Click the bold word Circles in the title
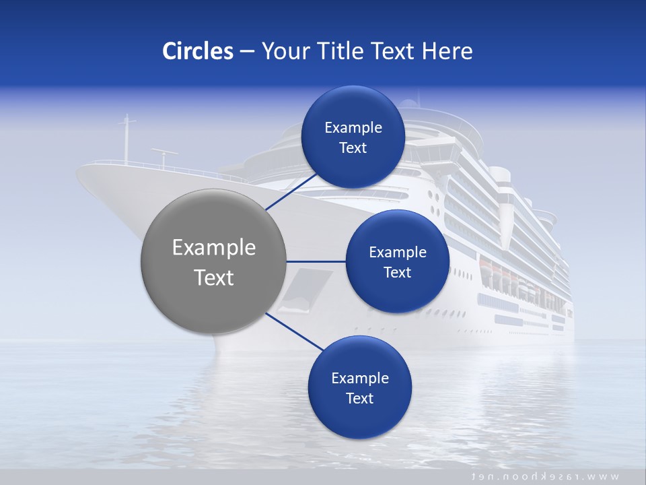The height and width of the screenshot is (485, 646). tap(198, 51)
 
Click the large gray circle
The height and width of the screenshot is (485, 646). tap(214, 261)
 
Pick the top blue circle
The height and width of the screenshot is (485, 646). tap(353, 137)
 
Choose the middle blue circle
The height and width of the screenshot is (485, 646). tap(397, 261)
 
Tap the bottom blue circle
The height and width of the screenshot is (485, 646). tap(359, 387)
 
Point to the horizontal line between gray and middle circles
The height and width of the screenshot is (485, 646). tap(316, 261)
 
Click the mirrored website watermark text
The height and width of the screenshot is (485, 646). tap(544, 476)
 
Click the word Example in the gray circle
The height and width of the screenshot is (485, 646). tap(214, 248)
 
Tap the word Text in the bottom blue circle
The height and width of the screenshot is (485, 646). tap(359, 398)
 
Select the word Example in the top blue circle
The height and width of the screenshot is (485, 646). tap(353, 127)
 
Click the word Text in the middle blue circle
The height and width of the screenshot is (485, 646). tap(397, 272)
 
